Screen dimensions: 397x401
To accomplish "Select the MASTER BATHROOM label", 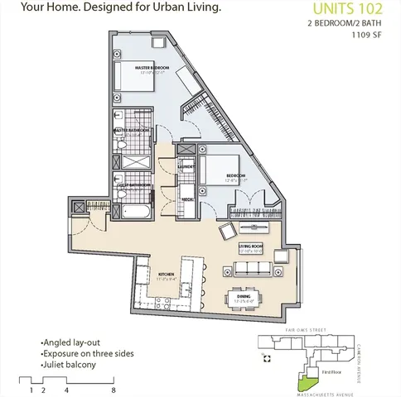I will (x=132, y=130).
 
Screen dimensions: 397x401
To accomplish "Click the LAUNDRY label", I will (x=186, y=166).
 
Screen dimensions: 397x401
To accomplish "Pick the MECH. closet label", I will (x=189, y=199).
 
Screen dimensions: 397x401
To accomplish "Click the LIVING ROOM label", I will (x=250, y=245).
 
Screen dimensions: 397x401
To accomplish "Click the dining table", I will (x=245, y=295).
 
